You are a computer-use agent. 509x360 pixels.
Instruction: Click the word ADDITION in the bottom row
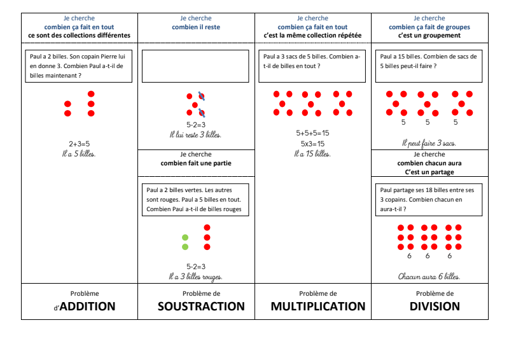pos(87,307)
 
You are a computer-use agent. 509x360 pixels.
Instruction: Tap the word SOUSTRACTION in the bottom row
pos(201,307)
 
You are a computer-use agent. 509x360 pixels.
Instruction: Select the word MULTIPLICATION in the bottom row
pos(318,307)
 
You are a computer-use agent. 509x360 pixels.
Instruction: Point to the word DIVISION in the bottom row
pos(435,307)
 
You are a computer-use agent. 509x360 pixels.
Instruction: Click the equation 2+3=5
pos(79,144)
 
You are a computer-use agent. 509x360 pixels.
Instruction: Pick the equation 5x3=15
pos(312,143)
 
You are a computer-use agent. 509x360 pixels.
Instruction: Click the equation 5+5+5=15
pos(312,134)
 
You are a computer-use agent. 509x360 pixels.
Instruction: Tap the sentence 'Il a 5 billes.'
pos(79,153)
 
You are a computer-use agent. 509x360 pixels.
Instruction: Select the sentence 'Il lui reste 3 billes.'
pos(195,135)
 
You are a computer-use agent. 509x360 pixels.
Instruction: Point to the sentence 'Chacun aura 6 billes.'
pos(429,276)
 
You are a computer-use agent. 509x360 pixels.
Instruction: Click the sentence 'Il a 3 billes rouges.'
pos(195,277)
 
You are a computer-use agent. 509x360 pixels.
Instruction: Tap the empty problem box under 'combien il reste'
pos(195,66)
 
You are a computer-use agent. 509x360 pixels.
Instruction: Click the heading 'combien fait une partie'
pos(196,163)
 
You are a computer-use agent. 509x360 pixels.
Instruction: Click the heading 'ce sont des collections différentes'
pos(79,36)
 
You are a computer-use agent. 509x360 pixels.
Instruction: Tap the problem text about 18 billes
pos(428,199)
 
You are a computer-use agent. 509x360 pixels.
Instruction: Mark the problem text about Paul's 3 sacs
pos(312,61)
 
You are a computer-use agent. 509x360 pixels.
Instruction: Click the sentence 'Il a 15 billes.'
pos(312,153)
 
